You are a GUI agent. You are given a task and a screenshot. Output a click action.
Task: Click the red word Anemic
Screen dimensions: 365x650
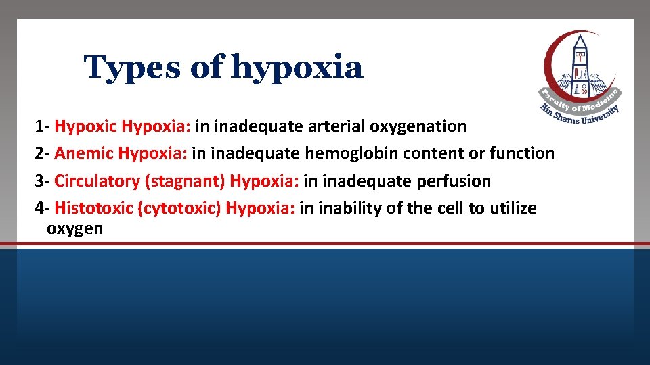point(84,153)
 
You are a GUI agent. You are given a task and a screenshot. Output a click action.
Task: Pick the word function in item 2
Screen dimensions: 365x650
point(521,153)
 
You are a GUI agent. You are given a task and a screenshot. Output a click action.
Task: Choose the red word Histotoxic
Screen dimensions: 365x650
point(93,208)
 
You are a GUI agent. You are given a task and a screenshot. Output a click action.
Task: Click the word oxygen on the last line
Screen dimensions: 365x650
point(74,228)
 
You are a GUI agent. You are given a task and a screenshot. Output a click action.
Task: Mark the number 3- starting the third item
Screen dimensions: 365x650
point(43,181)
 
